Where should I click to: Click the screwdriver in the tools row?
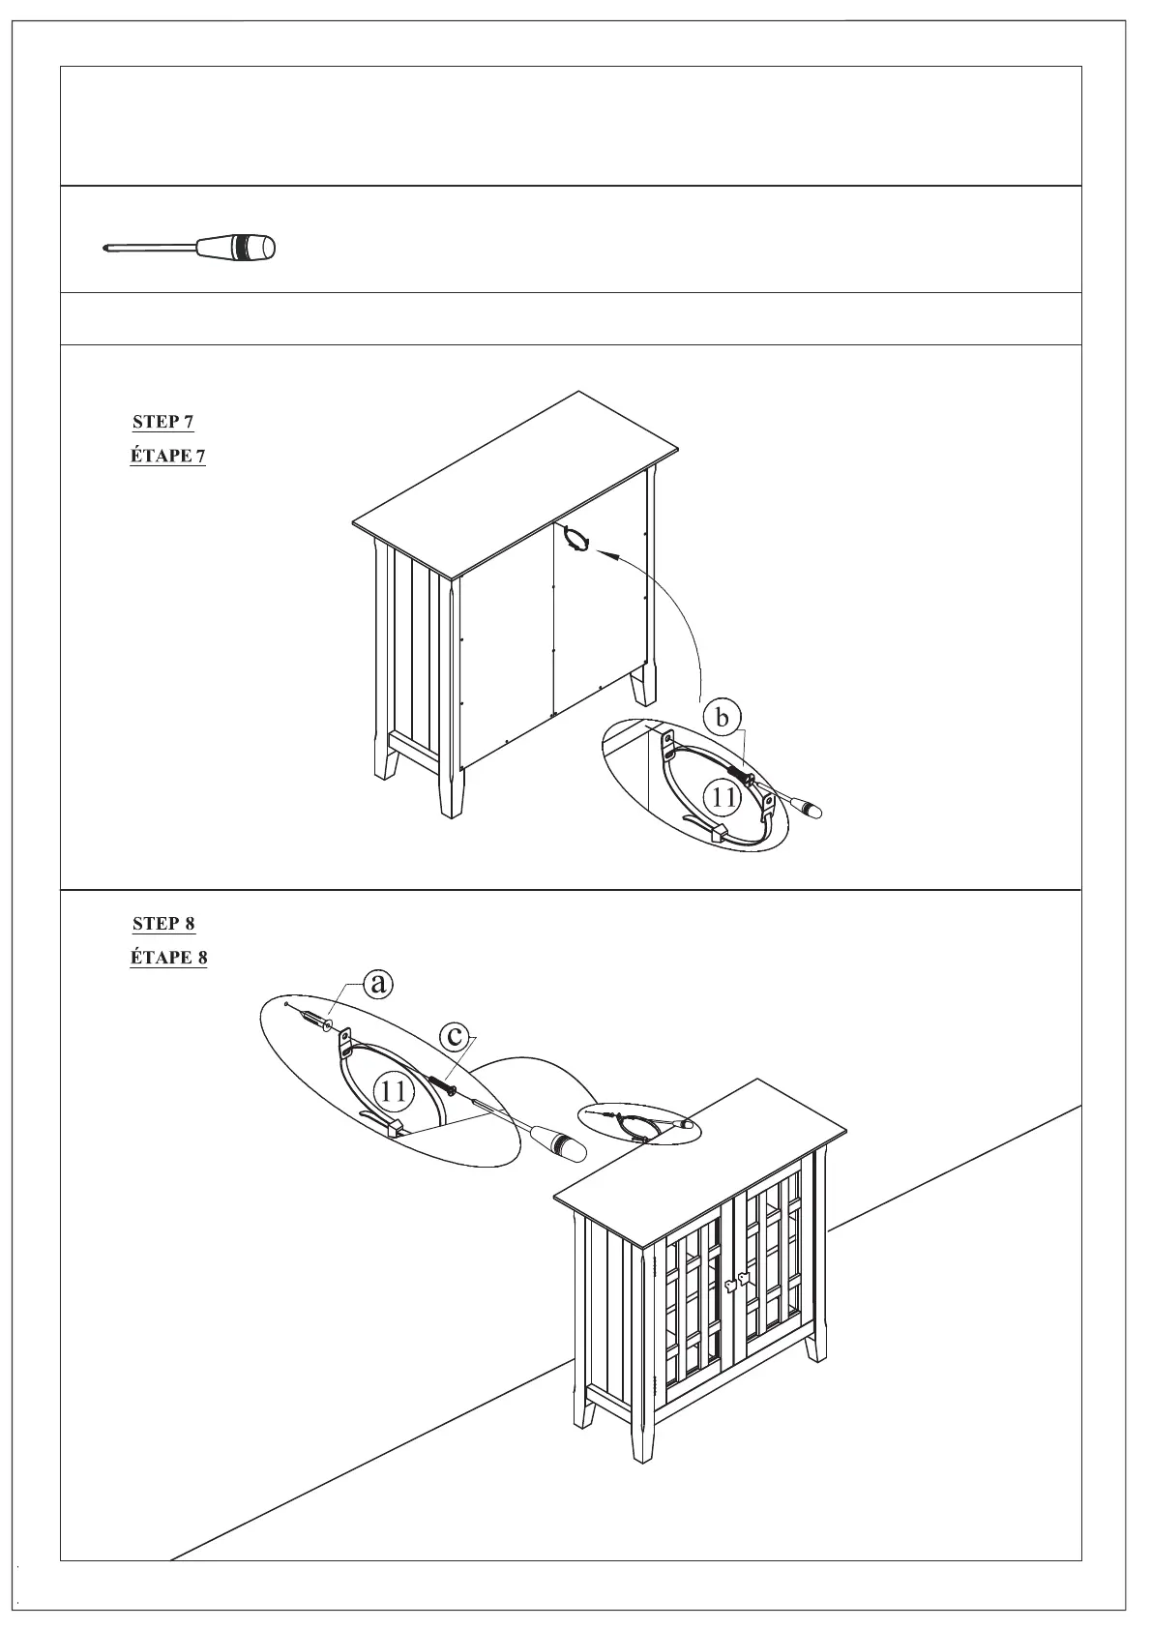(190, 248)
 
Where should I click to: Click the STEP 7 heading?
(162, 422)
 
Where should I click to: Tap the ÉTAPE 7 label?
(167, 456)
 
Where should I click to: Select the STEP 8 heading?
(163, 924)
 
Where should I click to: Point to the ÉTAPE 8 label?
(168, 958)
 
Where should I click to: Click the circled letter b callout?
(722, 718)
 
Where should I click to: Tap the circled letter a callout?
(378, 984)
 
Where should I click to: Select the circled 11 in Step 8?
(393, 1091)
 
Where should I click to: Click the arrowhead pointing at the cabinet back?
(603, 553)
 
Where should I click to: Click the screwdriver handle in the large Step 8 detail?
(558, 1144)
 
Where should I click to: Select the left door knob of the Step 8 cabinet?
(729, 1284)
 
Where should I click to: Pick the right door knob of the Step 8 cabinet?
(744, 1278)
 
